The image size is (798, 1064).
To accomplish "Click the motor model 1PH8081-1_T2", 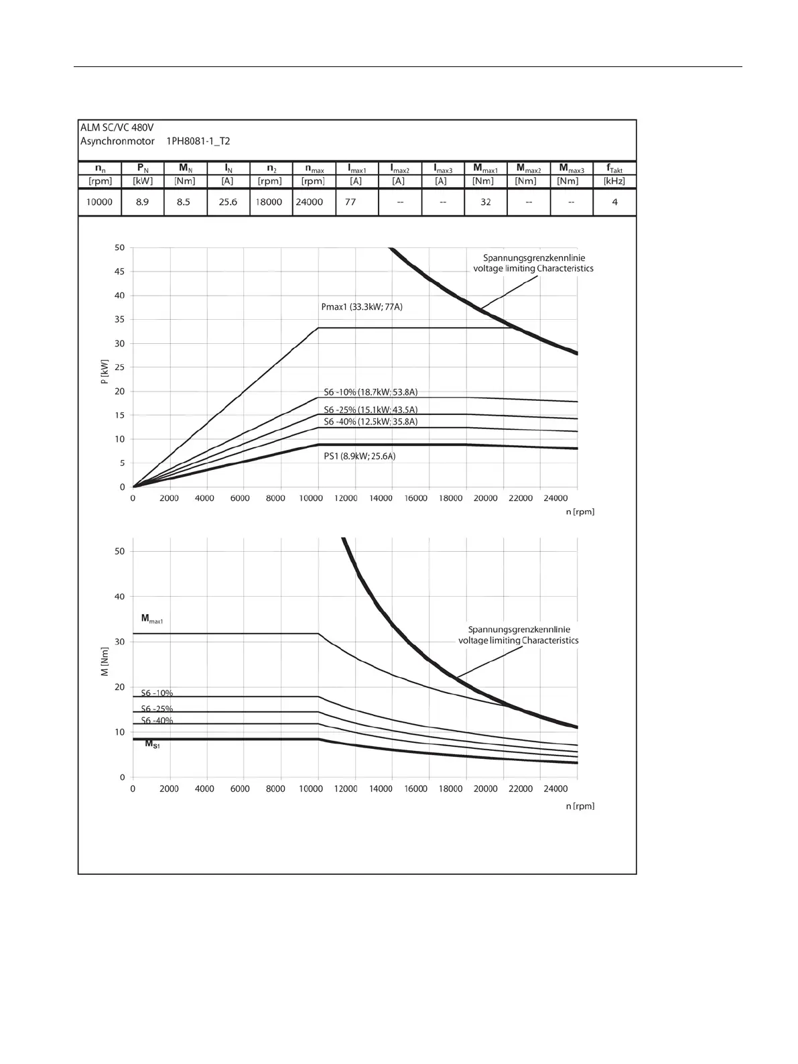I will tap(198, 141).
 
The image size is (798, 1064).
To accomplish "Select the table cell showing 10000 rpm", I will tap(99, 202).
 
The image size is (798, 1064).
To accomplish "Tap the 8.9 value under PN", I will tap(142, 202).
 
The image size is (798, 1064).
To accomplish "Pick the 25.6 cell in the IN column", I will tap(228, 202).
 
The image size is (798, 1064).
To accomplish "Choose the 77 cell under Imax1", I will tap(350, 202).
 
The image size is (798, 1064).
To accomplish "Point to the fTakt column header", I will tap(614, 169).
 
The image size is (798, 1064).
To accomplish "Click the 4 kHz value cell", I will tap(614, 202).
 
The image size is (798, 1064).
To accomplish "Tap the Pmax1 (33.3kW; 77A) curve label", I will tap(362, 307).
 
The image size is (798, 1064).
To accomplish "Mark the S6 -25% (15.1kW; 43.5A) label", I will tap(371, 410).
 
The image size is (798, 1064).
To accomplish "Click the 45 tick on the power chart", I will tap(119, 272).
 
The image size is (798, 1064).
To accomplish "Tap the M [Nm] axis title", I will tap(105, 666).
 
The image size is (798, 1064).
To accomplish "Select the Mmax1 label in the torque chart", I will tap(151, 618).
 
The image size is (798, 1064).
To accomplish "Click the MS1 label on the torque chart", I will tap(152, 744).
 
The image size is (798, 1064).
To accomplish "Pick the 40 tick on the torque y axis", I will tap(119, 597).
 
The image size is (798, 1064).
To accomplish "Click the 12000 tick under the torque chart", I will tap(346, 789).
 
